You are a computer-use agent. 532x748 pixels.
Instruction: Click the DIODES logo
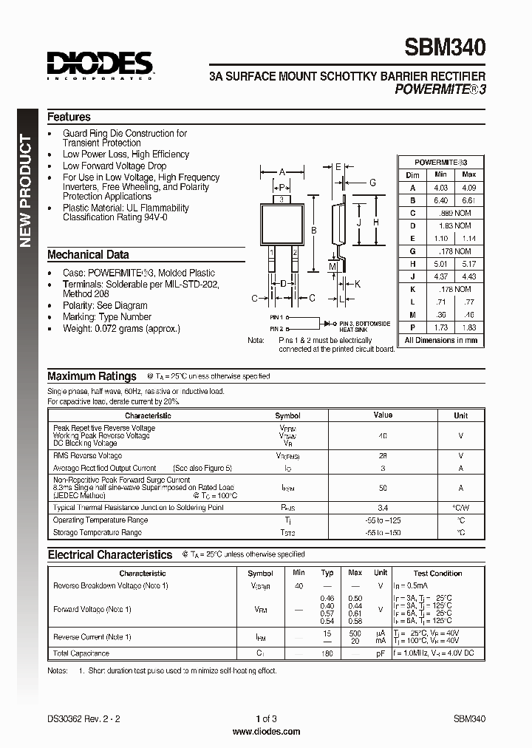click(100, 64)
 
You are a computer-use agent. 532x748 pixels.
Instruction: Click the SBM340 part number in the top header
click(445, 48)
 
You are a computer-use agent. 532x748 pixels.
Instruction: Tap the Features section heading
click(69, 117)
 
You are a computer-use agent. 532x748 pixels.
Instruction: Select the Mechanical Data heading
click(88, 254)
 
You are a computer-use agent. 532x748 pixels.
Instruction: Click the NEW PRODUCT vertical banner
click(25, 191)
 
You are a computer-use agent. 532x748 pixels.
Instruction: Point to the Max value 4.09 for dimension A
click(468, 188)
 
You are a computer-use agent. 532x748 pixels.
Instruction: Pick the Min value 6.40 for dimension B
click(440, 200)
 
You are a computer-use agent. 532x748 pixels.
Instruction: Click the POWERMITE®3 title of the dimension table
click(440, 162)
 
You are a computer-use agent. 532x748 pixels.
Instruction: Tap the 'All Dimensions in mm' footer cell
click(440, 341)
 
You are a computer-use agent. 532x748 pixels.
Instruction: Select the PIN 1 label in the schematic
click(277, 316)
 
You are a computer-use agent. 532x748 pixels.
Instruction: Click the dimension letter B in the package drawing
click(313, 231)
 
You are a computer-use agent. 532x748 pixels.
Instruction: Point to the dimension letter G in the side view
click(373, 183)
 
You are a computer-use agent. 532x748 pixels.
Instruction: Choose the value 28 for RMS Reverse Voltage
click(383, 456)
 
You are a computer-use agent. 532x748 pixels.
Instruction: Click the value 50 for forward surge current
click(383, 488)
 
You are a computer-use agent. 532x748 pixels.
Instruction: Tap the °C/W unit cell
click(460, 509)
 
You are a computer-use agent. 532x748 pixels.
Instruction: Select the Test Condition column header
click(437, 573)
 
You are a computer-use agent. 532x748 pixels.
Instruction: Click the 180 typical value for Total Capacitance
click(327, 653)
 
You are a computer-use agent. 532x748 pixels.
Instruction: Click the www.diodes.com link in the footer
click(266, 732)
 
